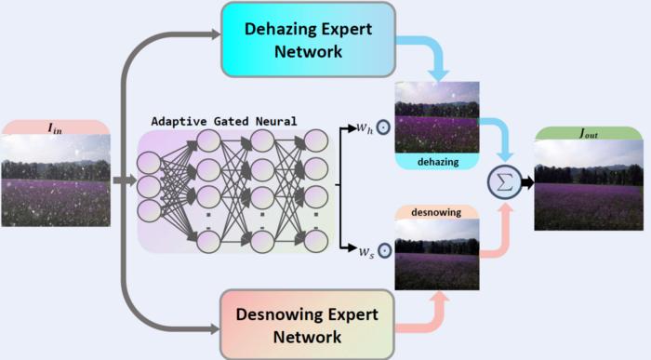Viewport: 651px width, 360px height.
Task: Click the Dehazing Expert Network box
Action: [x=308, y=39]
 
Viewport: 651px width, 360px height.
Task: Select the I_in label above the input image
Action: [x=56, y=127]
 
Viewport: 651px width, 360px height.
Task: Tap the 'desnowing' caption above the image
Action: [x=437, y=213]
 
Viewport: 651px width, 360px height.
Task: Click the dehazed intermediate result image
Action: [x=437, y=116]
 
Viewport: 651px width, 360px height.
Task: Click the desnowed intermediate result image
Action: [x=437, y=255]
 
